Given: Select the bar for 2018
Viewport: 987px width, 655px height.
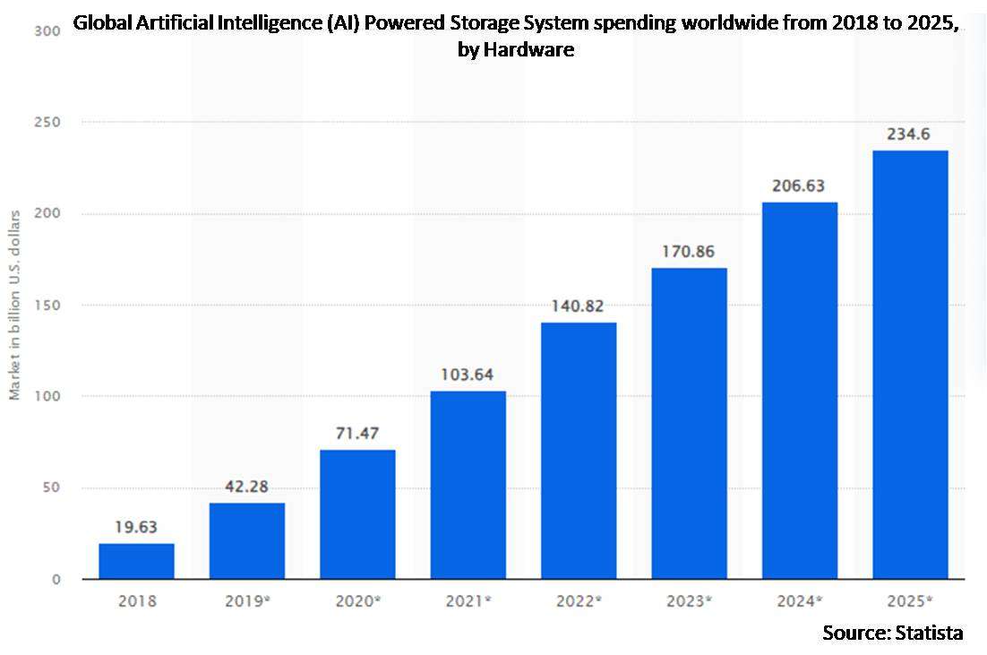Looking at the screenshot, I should pyautogui.click(x=136, y=561).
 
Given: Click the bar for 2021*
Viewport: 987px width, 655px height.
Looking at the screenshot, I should pyautogui.click(x=468, y=485).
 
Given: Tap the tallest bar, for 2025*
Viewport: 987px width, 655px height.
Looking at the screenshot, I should pyautogui.click(x=910, y=365).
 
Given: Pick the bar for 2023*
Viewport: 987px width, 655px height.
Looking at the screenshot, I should pyautogui.click(x=689, y=423).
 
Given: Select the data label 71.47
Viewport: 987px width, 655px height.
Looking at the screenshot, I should pyautogui.click(x=357, y=433).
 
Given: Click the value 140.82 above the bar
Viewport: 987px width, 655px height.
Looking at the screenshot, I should pyautogui.click(x=579, y=306).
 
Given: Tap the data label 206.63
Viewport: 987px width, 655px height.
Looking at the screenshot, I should pyautogui.click(x=799, y=185).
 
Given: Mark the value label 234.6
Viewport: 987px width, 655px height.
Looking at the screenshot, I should pyautogui.click(x=910, y=134).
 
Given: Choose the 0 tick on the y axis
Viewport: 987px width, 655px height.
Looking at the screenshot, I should pyautogui.click(x=56, y=579).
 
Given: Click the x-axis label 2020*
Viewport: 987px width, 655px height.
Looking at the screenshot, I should pyautogui.click(x=357, y=601).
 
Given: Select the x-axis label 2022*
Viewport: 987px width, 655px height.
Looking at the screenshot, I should pyautogui.click(x=579, y=601).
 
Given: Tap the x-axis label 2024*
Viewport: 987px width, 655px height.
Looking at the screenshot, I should pyautogui.click(x=799, y=601).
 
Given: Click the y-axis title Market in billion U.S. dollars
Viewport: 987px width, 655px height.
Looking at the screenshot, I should pyautogui.click(x=15, y=306).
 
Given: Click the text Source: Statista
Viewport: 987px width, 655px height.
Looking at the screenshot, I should pyautogui.click(x=892, y=633).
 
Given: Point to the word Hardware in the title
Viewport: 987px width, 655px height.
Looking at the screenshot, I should pyautogui.click(x=528, y=50).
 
